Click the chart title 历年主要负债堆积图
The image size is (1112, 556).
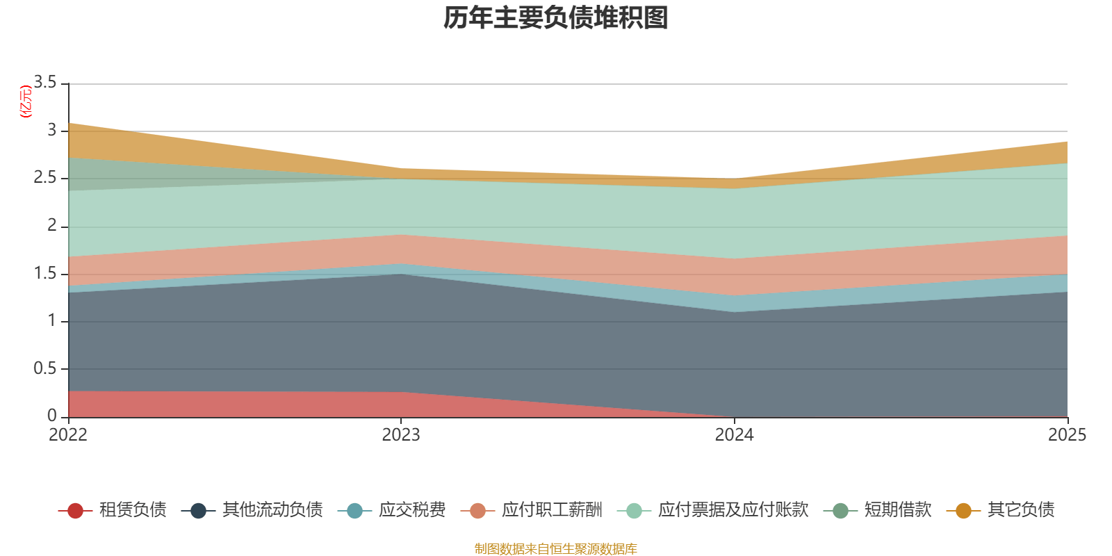pyautogui.click(x=556, y=18)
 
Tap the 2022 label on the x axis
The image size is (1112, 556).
pyautogui.click(x=68, y=434)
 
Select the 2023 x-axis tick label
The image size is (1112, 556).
pyautogui.click(x=401, y=434)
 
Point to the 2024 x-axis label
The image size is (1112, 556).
pyautogui.click(x=734, y=434)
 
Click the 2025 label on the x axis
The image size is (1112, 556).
pyautogui.click(x=1067, y=434)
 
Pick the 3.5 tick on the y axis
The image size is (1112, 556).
pyautogui.click(x=45, y=82)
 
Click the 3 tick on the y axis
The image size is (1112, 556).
pyautogui.click(x=52, y=130)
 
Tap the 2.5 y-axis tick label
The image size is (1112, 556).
pyautogui.click(x=45, y=177)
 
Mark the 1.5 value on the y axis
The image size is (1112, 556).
pyautogui.click(x=45, y=273)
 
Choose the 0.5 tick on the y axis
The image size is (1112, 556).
pyautogui.click(x=45, y=368)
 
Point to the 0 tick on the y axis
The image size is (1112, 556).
pyautogui.click(x=52, y=416)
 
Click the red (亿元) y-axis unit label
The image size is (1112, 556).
pyautogui.click(x=26, y=101)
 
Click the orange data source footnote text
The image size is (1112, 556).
pyautogui.click(x=555, y=549)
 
